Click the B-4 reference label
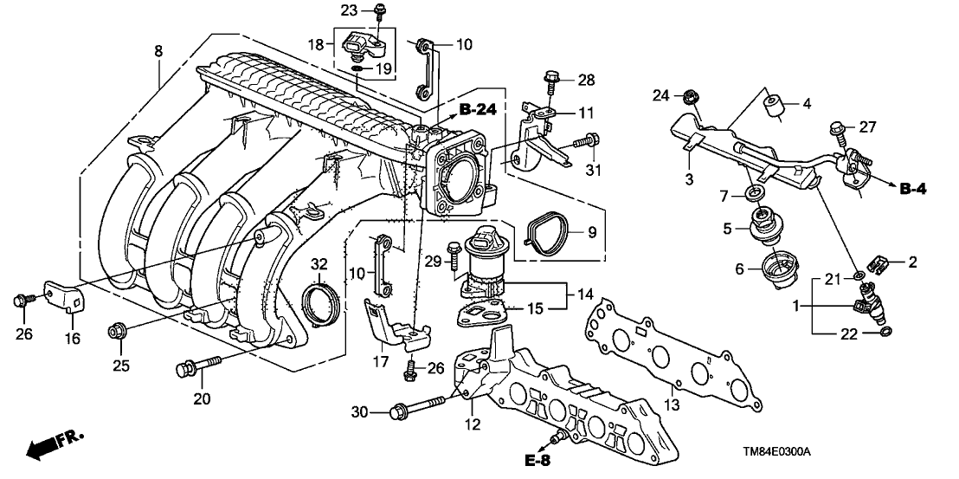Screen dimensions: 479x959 tap(930, 190)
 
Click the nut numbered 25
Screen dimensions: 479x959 tap(117, 331)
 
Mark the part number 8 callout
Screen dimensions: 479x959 tap(158, 53)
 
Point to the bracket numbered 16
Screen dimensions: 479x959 tap(65, 296)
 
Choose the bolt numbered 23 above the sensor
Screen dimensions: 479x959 tap(379, 12)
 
